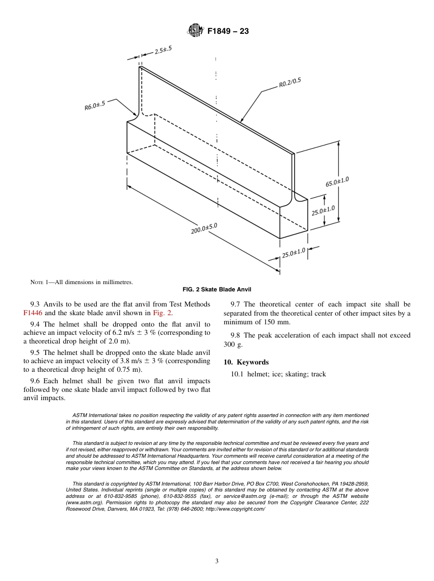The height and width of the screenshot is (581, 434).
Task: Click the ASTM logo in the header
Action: pyautogui.click(x=195, y=31)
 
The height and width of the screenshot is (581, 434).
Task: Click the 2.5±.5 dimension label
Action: pyautogui.click(x=163, y=50)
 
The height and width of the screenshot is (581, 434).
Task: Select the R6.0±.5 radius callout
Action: pyautogui.click(x=95, y=106)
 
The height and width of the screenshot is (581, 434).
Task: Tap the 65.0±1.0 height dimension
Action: pyautogui.click(x=337, y=181)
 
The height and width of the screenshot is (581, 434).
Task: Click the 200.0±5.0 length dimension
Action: pyautogui.click(x=204, y=228)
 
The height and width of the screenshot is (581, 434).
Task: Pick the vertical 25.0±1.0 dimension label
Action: pyautogui.click(x=323, y=211)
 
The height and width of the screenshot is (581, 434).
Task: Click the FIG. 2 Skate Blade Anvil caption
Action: pyautogui.click(x=217, y=290)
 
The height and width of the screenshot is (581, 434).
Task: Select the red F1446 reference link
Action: pyautogui.click(x=33, y=313)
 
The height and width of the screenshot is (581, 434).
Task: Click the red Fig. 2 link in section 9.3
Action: pyautogui.click(x=162, y=313)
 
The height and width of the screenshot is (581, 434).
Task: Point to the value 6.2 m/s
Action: pyautogui.click(x=123, y=333)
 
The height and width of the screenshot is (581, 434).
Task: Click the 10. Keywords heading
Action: pyautogui.click(x=246, y=362)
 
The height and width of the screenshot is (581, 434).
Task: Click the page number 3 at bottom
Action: pyautogui.click(x=217, y=561)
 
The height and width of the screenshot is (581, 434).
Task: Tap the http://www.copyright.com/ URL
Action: pyautogui.click(x=235, y=509)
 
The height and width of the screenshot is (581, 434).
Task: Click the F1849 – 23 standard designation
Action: pyautogui.click(x=228, y=32)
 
